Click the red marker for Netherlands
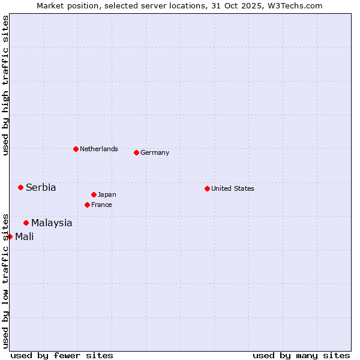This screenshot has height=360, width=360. (x=76, y=149)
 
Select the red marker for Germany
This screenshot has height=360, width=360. (x=136, y=152)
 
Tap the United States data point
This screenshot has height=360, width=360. (x=207, y=188)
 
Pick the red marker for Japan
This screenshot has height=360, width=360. (x=94, y=194)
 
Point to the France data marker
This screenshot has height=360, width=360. (x=87, y=205)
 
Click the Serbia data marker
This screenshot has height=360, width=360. (x=20, y=187)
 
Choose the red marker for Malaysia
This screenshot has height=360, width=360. (x=26, y=223)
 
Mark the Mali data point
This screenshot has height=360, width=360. (x=10, y=236)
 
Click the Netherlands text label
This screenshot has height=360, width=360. (x=99, y=149)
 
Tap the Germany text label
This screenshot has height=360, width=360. (x=155, y=152)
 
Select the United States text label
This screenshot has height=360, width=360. (x=233, y=188)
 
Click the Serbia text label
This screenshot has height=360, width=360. (x=41, y=187)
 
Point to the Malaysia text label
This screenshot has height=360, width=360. (x=52, y=223)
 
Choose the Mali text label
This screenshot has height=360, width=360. (x=25, y=236)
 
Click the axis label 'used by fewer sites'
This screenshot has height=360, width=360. (x=62, y=355)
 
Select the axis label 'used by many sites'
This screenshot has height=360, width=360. (x=301, y=355)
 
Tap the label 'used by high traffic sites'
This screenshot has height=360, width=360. (x=5, y=85)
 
